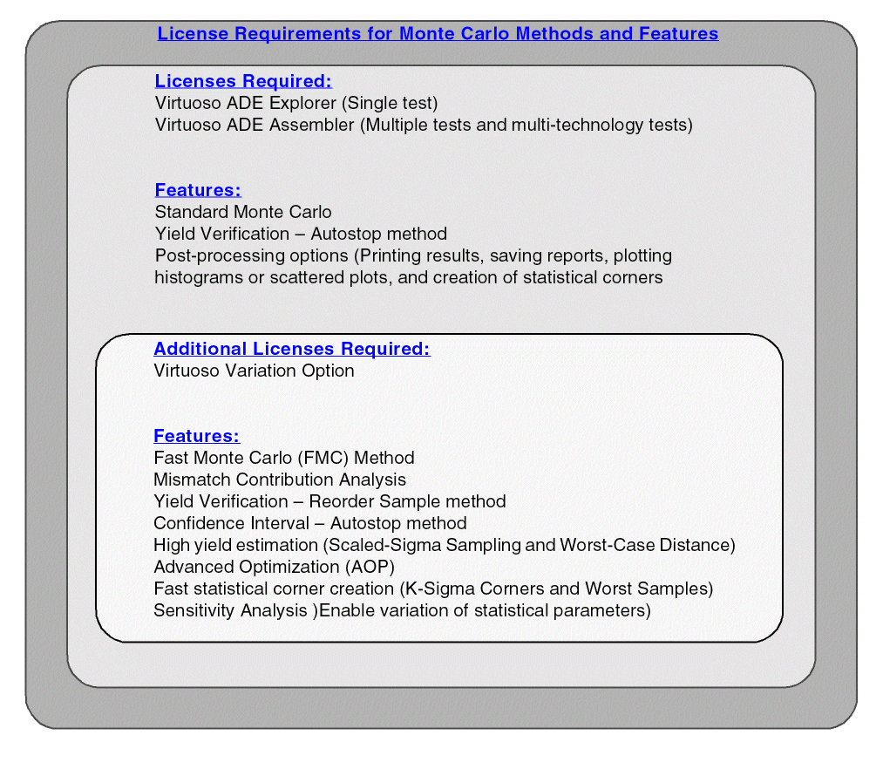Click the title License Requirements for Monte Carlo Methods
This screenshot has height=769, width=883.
pos(438,34)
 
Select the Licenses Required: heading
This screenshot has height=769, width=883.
pos(243,81)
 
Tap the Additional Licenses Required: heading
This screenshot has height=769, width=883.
pos(292,349)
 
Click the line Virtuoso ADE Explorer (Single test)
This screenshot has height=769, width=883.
pos(295,103)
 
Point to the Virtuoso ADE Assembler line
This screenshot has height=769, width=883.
pos(423,125)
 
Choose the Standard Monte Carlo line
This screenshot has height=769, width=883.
pos(243,212)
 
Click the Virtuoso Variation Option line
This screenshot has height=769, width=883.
pos(254,371)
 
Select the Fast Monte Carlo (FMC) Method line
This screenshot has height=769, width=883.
pos(283,458)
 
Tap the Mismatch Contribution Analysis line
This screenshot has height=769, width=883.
pos(279,480)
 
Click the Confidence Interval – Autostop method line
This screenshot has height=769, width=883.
pos(309,523)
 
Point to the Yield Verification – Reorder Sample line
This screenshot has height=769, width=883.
pos(329,501)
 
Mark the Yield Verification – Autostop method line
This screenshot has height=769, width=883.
pos(301,234)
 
